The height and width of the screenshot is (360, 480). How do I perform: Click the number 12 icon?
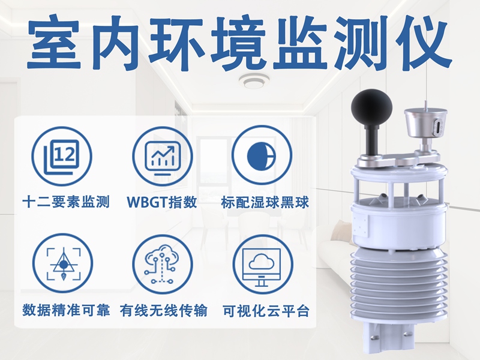(62, 157)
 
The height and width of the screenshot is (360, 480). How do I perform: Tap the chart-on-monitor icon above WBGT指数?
(163, 157)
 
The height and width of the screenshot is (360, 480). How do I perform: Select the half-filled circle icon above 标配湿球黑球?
(262, 156)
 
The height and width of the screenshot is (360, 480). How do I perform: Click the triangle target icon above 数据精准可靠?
(62, 264)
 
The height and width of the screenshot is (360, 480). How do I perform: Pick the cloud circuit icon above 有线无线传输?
(163, 265)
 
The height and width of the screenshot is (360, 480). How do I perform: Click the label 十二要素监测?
(66, 202)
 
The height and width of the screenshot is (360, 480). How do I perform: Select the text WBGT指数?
(162, 202)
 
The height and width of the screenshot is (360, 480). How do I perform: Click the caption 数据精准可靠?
(66, 310)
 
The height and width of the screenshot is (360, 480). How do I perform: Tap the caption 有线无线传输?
(163, 311)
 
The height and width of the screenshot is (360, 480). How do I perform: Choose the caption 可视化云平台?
(266, 311)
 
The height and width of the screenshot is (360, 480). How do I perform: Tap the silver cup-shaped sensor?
(425, 123)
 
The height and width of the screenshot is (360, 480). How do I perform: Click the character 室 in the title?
(54, 42)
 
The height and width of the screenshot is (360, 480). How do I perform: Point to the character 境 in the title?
(237, 42)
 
